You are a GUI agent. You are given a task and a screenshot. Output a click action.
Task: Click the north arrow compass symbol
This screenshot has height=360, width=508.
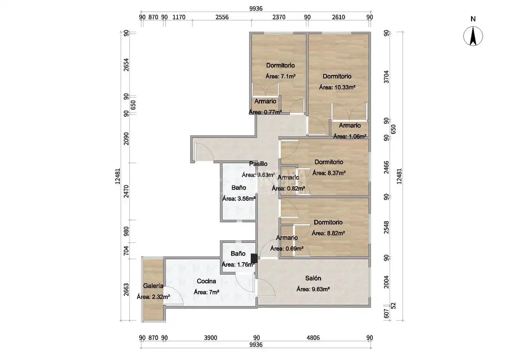click(473, 36)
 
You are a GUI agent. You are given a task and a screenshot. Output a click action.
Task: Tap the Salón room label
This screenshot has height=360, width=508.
click(313, 278)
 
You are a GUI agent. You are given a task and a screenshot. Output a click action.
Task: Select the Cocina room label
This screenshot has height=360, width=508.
click(206, 281)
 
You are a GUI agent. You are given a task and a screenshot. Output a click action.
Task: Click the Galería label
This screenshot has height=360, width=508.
click(153, 286)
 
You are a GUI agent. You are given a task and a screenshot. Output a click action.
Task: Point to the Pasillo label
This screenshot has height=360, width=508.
click(258, 164)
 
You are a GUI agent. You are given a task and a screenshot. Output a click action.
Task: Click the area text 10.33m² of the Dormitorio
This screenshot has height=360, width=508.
click(337, 87)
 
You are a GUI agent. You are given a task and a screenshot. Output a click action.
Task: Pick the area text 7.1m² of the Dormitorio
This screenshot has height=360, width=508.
click(280, 76)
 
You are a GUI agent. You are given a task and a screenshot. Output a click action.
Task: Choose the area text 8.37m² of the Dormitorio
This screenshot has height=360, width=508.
click(329, 173)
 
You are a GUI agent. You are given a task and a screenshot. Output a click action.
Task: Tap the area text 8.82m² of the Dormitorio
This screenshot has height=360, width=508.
click(328, 233)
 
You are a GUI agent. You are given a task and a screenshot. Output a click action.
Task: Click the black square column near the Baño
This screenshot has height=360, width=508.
click(254, 258)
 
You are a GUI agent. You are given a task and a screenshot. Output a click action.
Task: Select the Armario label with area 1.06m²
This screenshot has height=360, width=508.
click(350, 126)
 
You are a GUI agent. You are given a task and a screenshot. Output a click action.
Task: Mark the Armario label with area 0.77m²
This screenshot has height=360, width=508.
click(265, 101)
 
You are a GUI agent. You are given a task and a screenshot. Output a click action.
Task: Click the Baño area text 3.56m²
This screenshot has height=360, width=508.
click(239, 199)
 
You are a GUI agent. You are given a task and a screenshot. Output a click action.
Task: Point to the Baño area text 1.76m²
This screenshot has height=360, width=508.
click(238, 265)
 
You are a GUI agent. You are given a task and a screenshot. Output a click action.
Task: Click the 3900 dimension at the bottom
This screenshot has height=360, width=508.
click(210, 338)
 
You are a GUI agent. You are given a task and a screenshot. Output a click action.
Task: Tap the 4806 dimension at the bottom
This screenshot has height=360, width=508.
click(313, 338)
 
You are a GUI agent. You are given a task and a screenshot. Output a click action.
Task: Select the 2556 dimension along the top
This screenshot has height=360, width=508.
click(222, 17)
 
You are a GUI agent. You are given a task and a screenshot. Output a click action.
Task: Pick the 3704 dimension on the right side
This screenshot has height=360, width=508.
click(386, 77)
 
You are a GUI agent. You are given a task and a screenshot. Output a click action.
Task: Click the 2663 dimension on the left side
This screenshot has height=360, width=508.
click(126, 289)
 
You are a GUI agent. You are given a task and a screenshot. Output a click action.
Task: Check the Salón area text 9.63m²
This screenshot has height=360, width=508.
click(313, 289)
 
